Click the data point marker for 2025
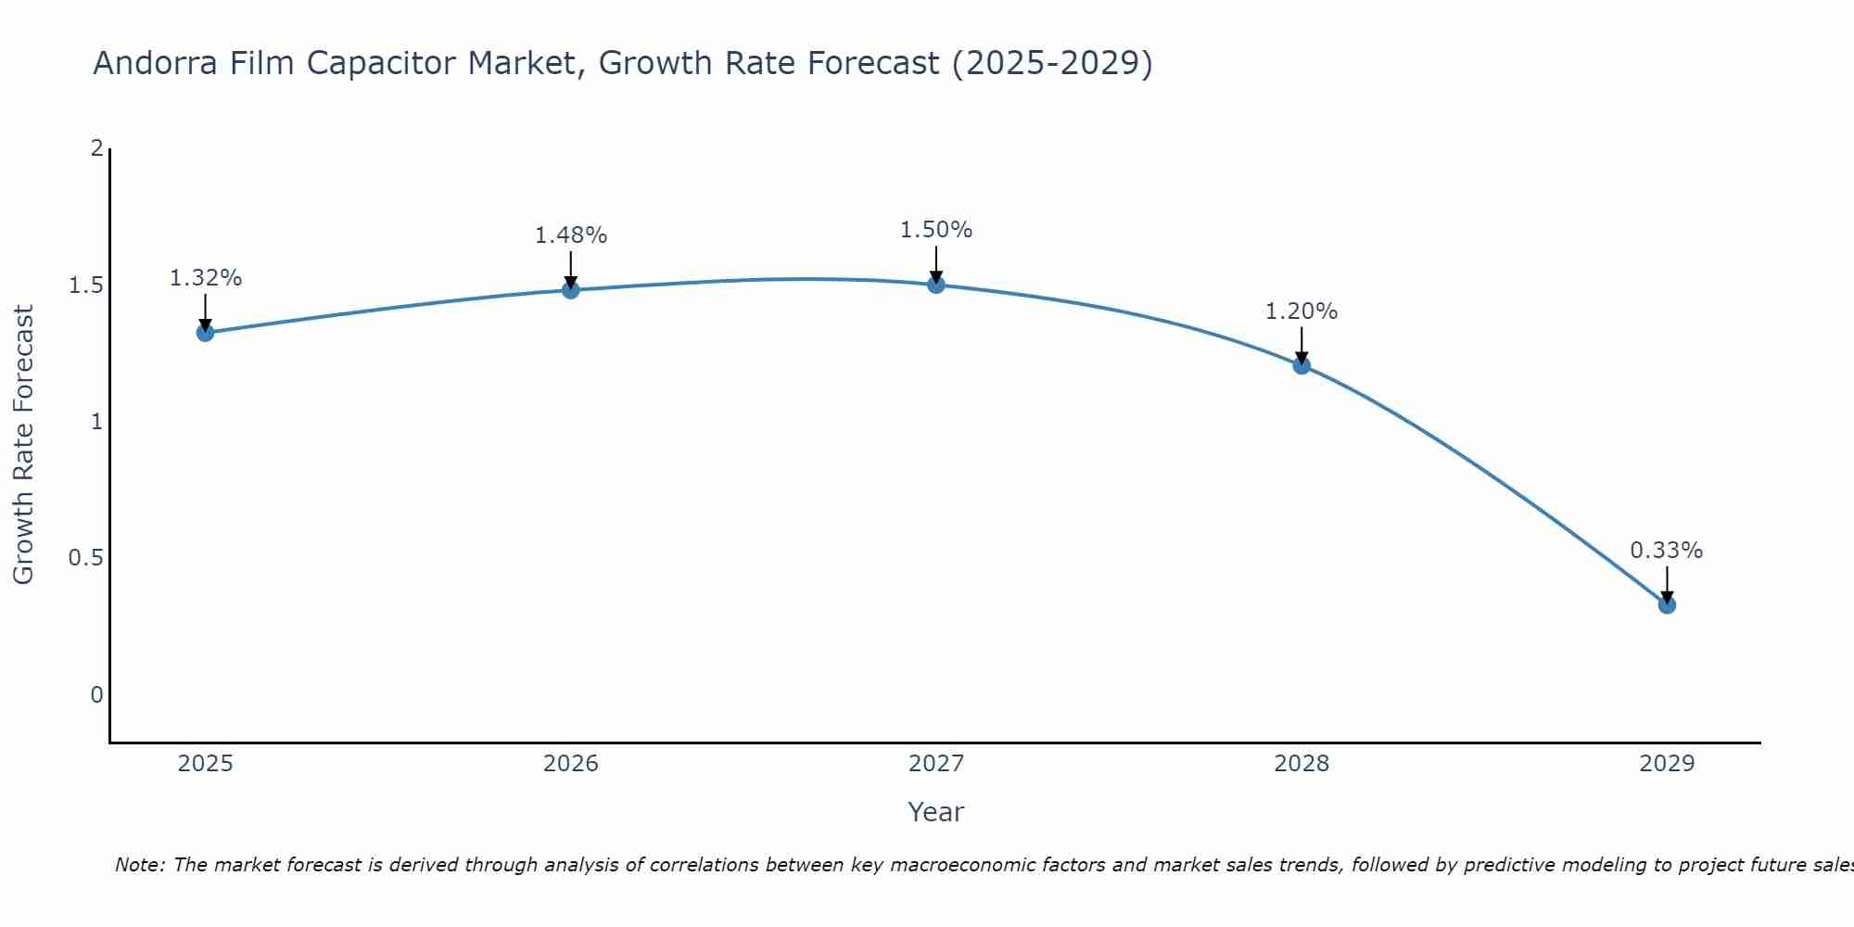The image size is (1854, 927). (206, 333)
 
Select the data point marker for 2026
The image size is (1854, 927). (571, 290)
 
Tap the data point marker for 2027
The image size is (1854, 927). (936, 285)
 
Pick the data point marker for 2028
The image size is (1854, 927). (1302, 365)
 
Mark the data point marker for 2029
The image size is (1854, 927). (1667, 605)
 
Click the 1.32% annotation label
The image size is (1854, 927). (206, 278)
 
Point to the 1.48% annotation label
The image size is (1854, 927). (571, 235)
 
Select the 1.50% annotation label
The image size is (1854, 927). (936, 230)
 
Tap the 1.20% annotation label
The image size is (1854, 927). (1302, 311)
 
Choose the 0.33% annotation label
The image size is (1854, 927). (1667, 551)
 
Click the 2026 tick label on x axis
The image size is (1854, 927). (571, 764)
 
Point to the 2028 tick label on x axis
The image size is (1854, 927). (1302, 764)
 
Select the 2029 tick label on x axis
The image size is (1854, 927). (1667, 764)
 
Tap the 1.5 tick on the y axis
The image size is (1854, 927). (85, 286)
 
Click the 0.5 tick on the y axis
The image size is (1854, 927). (85, 558)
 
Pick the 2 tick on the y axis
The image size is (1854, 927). (96, 148)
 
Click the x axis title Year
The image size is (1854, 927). (936, 812)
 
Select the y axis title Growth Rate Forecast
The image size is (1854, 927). (24, 445)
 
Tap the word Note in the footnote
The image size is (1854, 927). (138, 865)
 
